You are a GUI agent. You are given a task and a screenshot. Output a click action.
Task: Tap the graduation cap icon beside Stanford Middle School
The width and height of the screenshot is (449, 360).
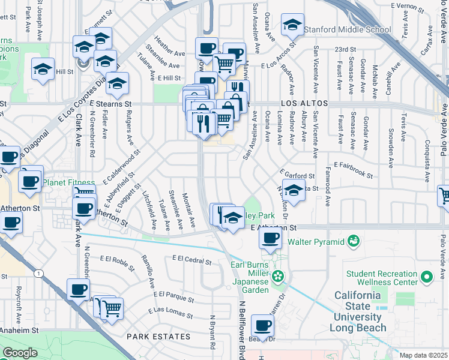(292, 26)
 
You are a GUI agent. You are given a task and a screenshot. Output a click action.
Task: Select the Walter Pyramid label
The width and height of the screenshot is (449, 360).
(316, 242)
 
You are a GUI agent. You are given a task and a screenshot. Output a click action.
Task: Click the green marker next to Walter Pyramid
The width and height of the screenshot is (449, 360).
(354, 242)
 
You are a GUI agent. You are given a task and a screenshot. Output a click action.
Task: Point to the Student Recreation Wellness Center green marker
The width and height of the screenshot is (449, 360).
(427, 277)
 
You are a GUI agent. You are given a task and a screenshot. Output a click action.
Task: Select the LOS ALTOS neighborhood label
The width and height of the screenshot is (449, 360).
(304, 104)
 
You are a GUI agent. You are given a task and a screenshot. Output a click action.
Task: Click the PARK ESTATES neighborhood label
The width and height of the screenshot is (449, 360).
(150, 337)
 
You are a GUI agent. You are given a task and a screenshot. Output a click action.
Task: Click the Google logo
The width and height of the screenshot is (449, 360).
(20, 353)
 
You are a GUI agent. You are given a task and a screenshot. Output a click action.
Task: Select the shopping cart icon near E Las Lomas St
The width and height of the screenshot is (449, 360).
(112, 310)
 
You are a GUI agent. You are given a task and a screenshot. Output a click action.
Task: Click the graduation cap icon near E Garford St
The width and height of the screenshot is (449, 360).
(293, 191)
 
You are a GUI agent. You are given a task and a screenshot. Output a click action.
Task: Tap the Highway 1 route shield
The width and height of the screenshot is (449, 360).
(40, 274)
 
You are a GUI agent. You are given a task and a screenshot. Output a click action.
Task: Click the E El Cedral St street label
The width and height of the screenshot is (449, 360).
(191, 260)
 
